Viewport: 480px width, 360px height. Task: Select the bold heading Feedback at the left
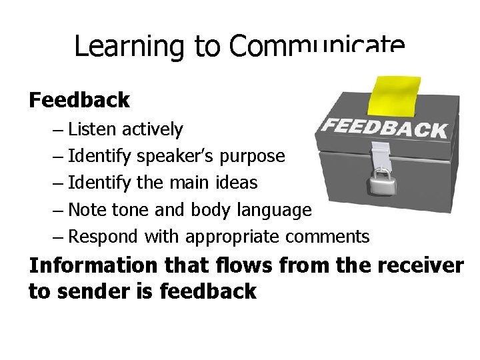79,100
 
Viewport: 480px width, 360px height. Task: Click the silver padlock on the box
381,181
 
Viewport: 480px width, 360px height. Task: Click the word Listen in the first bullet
90,129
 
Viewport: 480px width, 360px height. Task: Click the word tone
133,210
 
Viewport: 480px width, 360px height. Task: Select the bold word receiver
420,265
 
